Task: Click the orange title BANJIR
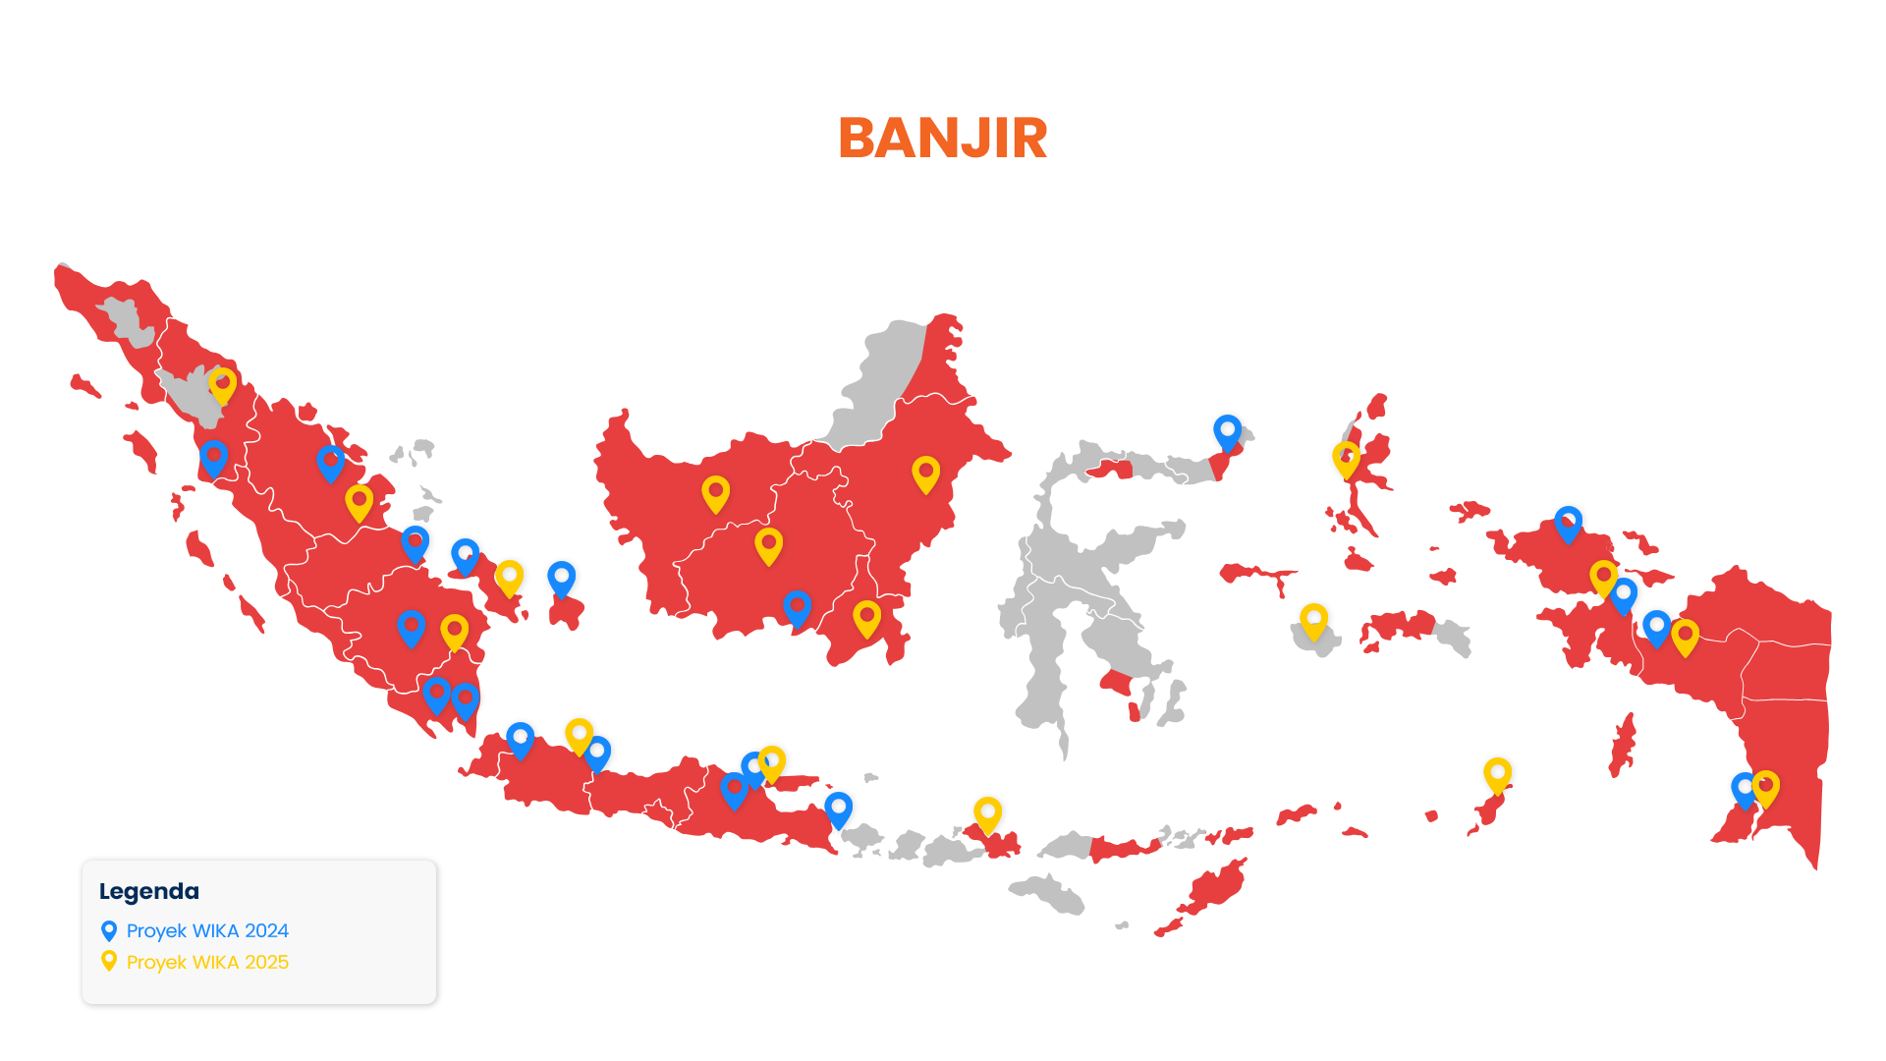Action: coord(942,138)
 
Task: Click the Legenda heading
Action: coord(149,891)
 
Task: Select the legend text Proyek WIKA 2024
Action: coord(207,930)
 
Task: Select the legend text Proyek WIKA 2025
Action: coord(207,962)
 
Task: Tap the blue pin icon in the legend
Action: coord(109,930)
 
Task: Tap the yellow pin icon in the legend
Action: coord(109,961)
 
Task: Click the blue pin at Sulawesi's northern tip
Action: coord(1227,431)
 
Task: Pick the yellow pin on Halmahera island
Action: coord(1346,458)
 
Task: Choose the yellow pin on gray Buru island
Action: coord(1313,620)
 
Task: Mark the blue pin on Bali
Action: coord(838,809)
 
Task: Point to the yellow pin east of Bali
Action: coord(987,813)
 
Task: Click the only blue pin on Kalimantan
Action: coord(797,607)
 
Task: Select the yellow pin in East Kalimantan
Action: coord(925,473)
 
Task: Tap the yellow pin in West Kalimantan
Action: coord(715,492)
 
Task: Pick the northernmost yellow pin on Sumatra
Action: coord(223,384)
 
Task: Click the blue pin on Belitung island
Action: coord(561,578)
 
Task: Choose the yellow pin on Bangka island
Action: coord(509,577)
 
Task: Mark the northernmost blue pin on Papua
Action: coord(1568,523)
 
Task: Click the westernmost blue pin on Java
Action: coord(520,739)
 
